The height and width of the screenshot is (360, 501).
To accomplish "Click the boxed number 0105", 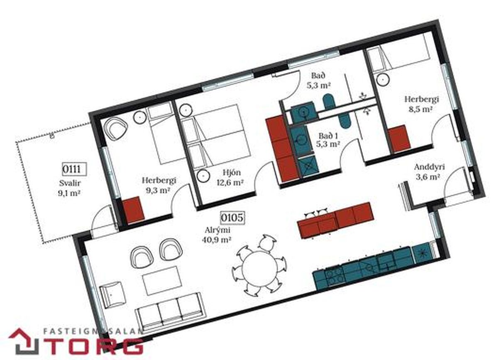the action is (232, 218).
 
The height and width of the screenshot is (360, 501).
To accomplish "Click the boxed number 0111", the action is (74, 169).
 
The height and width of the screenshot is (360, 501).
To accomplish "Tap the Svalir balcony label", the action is (70, 183).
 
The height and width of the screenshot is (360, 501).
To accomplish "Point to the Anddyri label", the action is (429, 167).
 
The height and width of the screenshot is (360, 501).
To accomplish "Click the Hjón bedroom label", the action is (232, 172).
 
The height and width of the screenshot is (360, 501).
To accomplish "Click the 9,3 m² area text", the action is (158, 190).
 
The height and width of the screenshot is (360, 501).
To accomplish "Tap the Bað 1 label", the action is (328, 136).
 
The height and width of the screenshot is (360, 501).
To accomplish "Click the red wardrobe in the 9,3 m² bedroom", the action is (133, 210).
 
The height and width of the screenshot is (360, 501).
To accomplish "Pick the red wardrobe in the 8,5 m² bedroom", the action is (399, 139).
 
